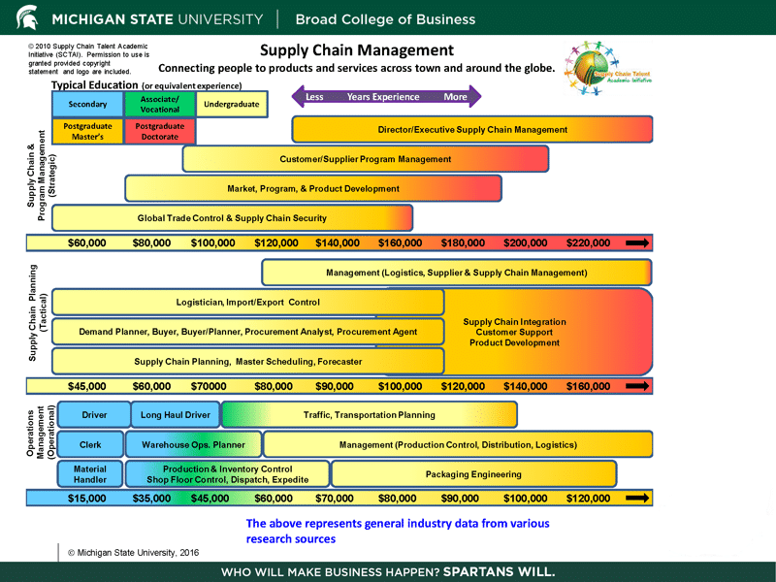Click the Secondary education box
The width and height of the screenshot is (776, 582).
[87, 104]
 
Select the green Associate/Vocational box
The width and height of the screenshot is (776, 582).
[160, 104]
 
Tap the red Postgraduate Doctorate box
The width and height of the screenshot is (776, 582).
[160, 131]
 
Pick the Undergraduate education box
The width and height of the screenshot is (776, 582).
[231, 104]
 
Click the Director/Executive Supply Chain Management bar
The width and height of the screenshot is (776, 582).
[472, 129]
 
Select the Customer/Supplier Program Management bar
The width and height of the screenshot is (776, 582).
[366, 159]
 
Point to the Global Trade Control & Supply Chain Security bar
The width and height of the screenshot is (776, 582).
[232, 218]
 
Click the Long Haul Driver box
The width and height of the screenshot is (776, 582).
[176, 415]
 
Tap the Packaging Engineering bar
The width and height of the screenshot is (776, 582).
[473, 474]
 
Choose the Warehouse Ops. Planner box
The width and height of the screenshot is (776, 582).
[193, 445]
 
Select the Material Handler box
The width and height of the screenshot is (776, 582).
[90, 474]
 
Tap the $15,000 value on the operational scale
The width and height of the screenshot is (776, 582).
[87, 499]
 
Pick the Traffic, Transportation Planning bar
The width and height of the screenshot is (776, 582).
[369, 415]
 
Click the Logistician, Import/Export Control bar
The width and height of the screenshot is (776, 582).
[247, 303]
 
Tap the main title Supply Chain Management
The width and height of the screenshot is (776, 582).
[358, 50]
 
